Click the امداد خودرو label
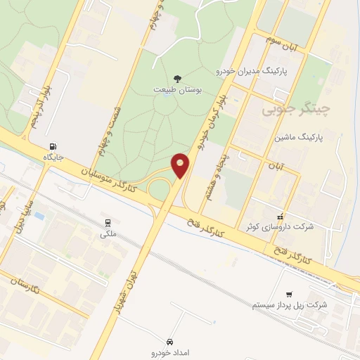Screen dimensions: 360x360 (x=170, y=351)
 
